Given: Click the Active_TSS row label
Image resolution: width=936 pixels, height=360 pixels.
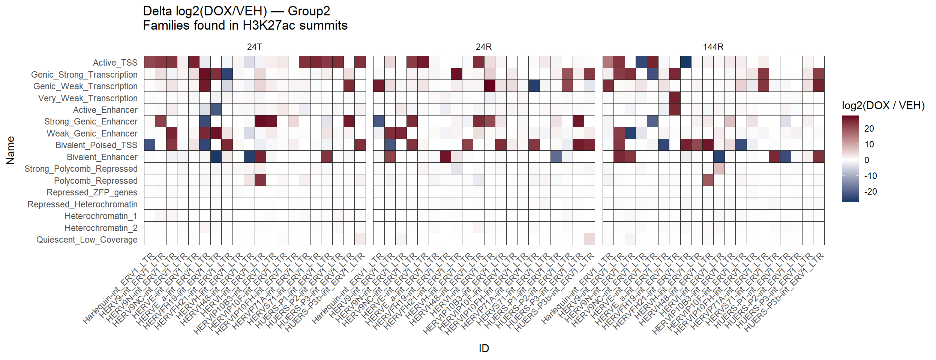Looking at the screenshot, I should [115, 63].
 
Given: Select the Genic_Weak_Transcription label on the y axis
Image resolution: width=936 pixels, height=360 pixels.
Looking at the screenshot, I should [85, 86].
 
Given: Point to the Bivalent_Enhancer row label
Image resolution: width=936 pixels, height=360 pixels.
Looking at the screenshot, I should [102, 157].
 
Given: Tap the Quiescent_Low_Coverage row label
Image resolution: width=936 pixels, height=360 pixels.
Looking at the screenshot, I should [87, 240].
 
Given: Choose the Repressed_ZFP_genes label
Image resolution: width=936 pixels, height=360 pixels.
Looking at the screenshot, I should [92, 192].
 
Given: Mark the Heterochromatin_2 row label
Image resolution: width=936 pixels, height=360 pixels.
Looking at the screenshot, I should [101, 228].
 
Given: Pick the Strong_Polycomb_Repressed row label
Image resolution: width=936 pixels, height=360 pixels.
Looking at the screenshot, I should [81, 169].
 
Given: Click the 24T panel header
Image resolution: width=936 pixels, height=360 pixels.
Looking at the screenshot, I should [255, 47].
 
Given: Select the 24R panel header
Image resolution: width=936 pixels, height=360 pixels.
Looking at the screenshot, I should [484, 47].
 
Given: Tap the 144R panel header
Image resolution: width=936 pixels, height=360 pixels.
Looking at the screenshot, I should [713, 47].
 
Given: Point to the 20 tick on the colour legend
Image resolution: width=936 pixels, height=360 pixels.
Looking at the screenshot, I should [869, 129].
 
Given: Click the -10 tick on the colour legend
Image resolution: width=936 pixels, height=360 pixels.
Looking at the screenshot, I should [870, 176].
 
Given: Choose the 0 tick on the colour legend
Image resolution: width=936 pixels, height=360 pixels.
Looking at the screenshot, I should [867, 160].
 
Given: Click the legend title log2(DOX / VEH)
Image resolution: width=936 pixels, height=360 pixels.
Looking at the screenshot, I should [883, 105].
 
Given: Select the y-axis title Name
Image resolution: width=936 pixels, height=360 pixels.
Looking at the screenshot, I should [10, 150].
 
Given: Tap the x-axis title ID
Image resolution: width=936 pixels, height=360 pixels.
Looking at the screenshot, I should [484, 348].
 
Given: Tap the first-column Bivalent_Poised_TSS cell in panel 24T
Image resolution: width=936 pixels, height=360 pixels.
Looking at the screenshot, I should [150, 145].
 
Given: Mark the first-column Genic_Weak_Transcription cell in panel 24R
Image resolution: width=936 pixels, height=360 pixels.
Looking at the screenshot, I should [379, 86].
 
